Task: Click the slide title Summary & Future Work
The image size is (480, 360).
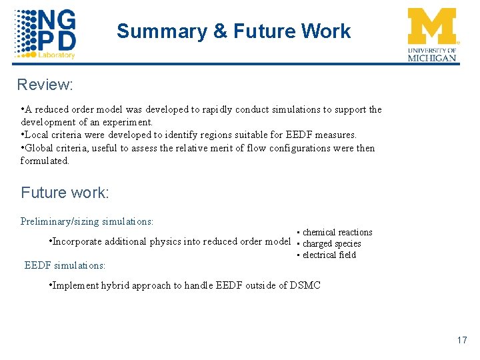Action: pos(233,31)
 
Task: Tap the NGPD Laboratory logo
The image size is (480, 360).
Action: pos(45,33)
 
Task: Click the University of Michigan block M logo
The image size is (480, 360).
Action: pos(433,27)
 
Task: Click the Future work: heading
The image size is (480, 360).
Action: pos(65,193)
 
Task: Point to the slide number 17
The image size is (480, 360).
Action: pos(462,341)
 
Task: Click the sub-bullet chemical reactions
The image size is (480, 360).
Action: pos(337,232)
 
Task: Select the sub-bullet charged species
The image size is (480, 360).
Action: pos(331,243)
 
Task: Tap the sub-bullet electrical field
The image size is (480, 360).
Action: pos(329,255)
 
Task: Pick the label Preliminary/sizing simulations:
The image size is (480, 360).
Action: pos(87,221)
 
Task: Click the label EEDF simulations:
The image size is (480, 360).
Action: pos(65,265)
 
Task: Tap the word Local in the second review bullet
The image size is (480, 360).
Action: pos(38,135)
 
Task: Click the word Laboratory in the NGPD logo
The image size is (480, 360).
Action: pos(57,55)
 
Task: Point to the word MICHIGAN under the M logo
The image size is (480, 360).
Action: pos(433,58)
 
